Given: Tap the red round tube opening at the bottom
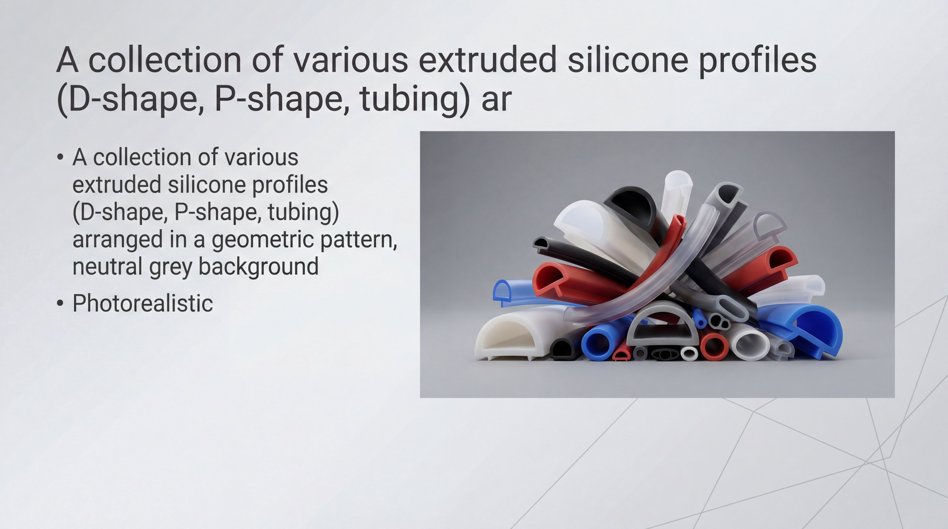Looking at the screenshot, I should coord(714,347).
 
